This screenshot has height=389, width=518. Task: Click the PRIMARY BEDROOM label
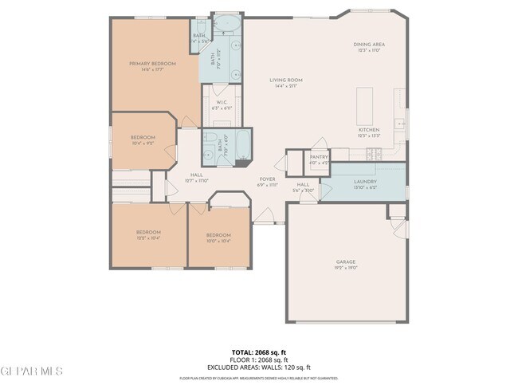[x=152, y=63]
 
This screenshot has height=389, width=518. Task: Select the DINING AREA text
[x=369, y=45]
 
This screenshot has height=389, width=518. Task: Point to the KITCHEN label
[x=368, y=130]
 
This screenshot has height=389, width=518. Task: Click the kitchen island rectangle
[x=366, y=103]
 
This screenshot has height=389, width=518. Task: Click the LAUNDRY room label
[x=365, y=181]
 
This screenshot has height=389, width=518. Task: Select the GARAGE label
[x=345, y=261]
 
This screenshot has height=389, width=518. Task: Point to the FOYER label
[x=267, y=179]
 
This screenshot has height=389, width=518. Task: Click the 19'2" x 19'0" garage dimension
[x=345, y=268]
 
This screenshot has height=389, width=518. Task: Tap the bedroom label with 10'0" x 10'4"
[x=218, y=235]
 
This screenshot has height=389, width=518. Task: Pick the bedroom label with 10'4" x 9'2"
[x=143, y=137]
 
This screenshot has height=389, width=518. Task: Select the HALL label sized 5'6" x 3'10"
[x=303, y=185]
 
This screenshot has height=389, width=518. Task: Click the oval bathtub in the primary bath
[x=228, y=23]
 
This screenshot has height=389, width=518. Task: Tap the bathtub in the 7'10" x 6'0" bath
[x=242, y=145]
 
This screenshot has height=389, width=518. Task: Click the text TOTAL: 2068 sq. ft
[x=259, y=352]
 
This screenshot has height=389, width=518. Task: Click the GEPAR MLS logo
[x=32, y=371]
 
